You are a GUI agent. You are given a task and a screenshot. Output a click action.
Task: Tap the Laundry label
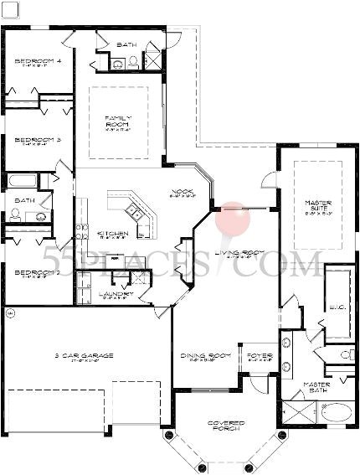pos(112,294)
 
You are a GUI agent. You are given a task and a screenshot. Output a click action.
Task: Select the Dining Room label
pos(199,356)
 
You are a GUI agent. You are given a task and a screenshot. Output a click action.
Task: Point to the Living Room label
pos(237,253)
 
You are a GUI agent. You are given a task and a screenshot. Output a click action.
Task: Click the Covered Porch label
pos(226,426)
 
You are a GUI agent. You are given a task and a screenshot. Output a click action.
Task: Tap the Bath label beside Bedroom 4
pos(126,44)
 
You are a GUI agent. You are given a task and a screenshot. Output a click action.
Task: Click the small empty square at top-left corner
pos(10,9)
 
